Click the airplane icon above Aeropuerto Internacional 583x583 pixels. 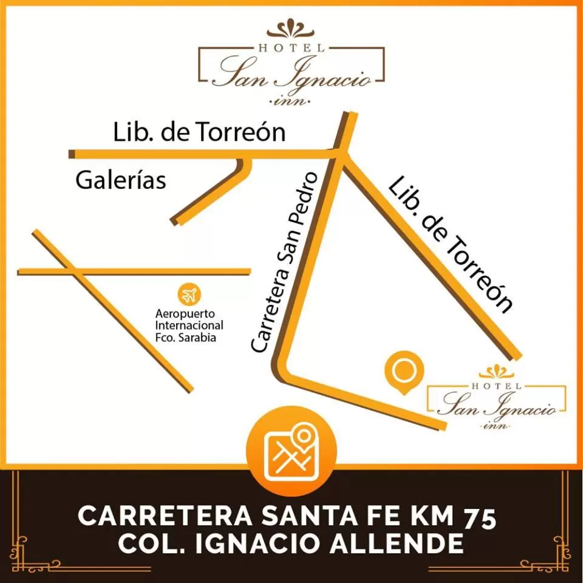point(189,295)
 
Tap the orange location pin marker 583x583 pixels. point(403,371)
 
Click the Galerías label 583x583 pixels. point(121,180)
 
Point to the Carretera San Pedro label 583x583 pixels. point(284,262)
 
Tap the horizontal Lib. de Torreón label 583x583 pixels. point(199,133)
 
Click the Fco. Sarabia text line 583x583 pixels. point(186,338)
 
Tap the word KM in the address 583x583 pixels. point(433,517)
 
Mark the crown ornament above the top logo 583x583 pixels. point(292,29)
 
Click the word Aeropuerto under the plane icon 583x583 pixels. point(186,315)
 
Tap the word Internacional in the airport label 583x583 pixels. point(189,326)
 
